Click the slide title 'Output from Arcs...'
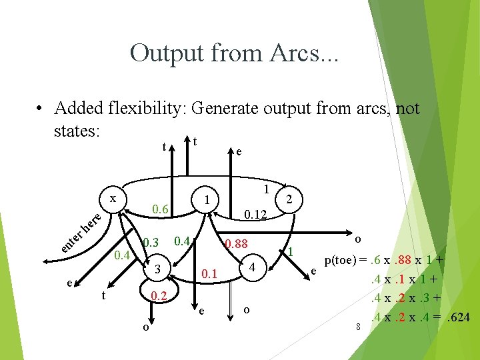[x=235, y=53]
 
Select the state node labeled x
[x=113, y=199]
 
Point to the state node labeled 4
[x=252, y=267]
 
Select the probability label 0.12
[x=255, y=215]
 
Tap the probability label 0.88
[x=236, y=244]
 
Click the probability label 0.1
[x=210, y=273]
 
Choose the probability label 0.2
[x=158, y=295]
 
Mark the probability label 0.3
[x=151, y=241]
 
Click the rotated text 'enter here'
[x=79, y=233]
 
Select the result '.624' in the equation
[x=457, y=317]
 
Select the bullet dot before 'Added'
[x=40, y=109]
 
